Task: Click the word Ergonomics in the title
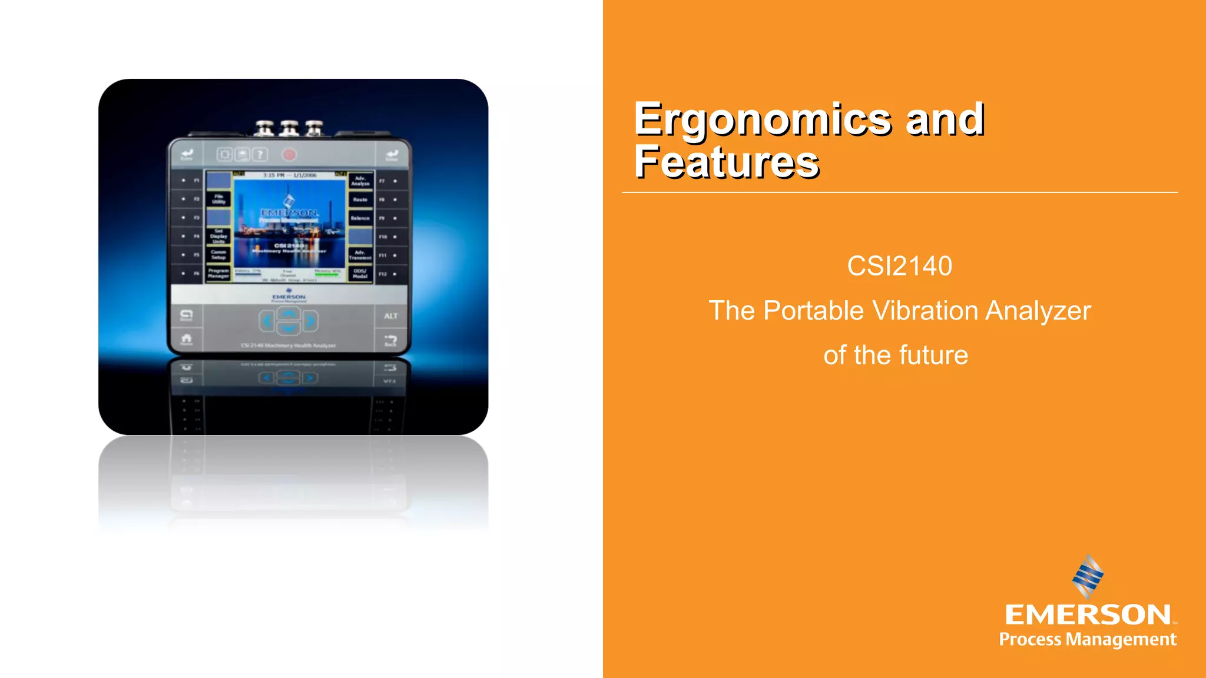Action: coord(763,119)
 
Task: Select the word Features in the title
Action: coord(727,162)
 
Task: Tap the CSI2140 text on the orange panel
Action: coord(899,266)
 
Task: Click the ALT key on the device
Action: coord(391,316)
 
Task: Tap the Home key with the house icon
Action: coord(187,339)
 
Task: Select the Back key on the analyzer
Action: coord(390,340)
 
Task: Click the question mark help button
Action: coord(260,155)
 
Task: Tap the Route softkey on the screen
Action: coord(360,200)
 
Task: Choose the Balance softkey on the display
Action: coord(360,218)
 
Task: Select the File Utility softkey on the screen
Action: coord(218,199)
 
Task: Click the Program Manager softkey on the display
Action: coord(218,273)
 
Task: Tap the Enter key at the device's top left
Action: coord(187,154)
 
